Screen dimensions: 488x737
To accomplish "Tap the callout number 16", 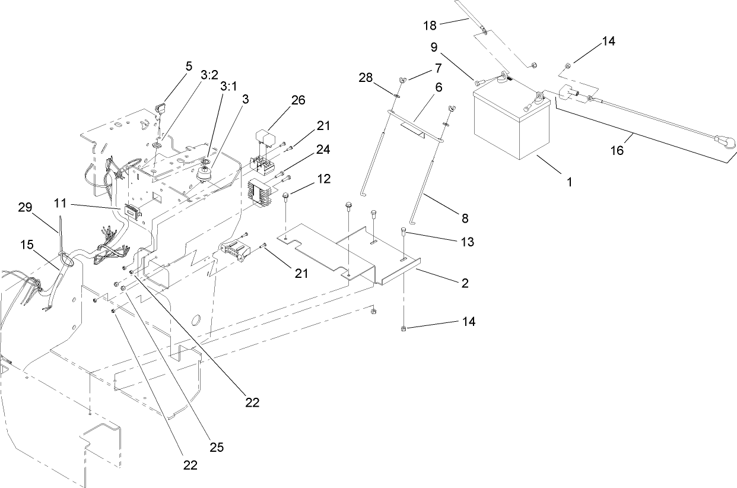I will [x=617, y=150].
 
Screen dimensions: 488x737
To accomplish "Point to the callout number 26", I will [x=298, y=100].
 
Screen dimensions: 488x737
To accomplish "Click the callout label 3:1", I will [x=228, y=86].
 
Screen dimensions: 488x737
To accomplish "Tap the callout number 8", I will [x=465, y=218].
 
